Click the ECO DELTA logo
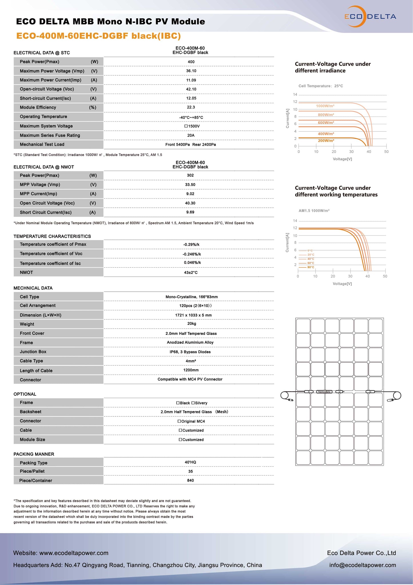pyautogui.click(x=370, y=17)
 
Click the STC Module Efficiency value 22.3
pyautogui.click(x=191, y=107)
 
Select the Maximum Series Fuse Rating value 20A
pyautogui.click(x=191, y=135)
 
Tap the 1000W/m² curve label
pyautogui.click(x=325, y=106)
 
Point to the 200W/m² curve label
pyautogui.click(x=326, y=141)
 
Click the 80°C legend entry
pyautogui.click(x=310, y=267)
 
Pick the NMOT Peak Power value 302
pyautogui.click(x=190, y=175)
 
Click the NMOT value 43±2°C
pyautogui.click(x=191, y=272)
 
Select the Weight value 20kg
pyautogui.click(x=191, y=324)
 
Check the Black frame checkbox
pyautogui.click(x=178, y=403)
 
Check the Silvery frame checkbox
pyautogui.click(x=193, y=403)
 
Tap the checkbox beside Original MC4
pyautogui.click(x=179, y=421)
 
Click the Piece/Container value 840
pyautogui.click(x=190, y=481)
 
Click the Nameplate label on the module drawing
pyautogui.click(x=324, y=392)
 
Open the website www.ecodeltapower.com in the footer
pyautogui.click(x=74, y=553)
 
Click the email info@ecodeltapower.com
pyautogui.click(x=362, y=565)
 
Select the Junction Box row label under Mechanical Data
pyautogui.click(x=33, y=352)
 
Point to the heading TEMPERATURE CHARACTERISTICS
pyautogui.click(x=52, y=236)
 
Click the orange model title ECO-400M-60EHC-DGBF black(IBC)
pyautogui.click(x=98, y=36)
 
